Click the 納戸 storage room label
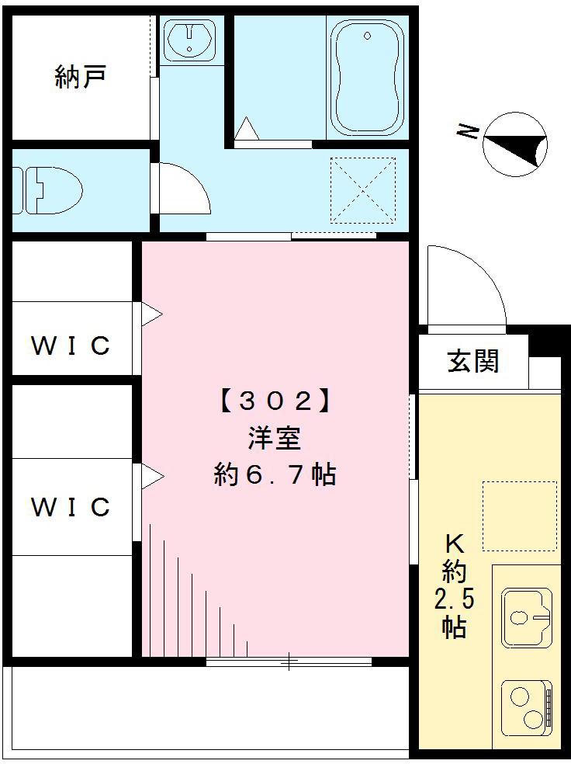pyautogui.click(x=81, y=77)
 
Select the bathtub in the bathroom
pyautogui.click(x=367, y=78)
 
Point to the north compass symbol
pyautogui.click(x=515, y=144)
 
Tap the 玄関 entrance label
pyautogui.click(x=472, y=361)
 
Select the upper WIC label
pyautogui.click(x=71, y=346)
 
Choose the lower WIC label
pyautogui.click(x=71, y=507)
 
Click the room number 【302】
pyautogui.click(x=275, y=401)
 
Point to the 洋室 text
pyautogui.click(x=275, y=438)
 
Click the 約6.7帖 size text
pyautogui.click(x=275, y=474)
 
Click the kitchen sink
pyautogui.click(x=527, y=618)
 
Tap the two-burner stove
pyautogui.click(x=527, y=707)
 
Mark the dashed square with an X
pyautogui.click(x=363, y=190)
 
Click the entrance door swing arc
pyautogui.click(x=465, y=284)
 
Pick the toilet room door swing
pyautogui.click(x=183, y=189)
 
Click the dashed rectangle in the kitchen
pyautogui.click(x=520, y=516)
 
